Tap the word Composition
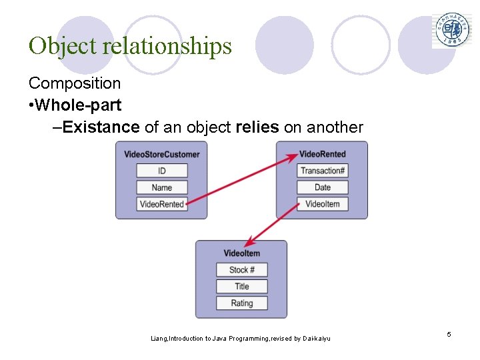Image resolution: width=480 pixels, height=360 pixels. tap(75, 83)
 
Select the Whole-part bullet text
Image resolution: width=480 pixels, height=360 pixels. tap(79, 105)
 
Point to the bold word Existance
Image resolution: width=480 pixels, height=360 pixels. tap(101, 127)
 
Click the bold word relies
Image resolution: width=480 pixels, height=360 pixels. tap(257, 127)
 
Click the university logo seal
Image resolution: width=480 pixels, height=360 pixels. tap(451, 30)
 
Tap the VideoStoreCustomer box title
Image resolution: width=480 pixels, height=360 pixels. tap(161, 155)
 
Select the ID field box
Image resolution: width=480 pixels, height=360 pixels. tap(162, 171)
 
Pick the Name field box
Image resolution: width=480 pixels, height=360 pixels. tap(162, 187)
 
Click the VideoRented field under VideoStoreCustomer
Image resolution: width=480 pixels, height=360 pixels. tap(161, 204)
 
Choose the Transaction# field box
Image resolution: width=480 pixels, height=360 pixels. tap(323, 171)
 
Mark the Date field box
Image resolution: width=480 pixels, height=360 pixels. tap(323, 187)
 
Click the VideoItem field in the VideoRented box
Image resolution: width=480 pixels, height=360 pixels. tap(323, 204)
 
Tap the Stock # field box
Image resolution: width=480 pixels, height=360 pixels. tap(241, 270)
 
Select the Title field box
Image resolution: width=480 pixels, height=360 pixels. tap(241, 287)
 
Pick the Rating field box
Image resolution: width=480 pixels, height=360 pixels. tap(241, 303)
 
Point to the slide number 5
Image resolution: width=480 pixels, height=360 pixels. tap(449, 334)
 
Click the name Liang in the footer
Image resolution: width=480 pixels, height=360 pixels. tap(159, 339)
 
